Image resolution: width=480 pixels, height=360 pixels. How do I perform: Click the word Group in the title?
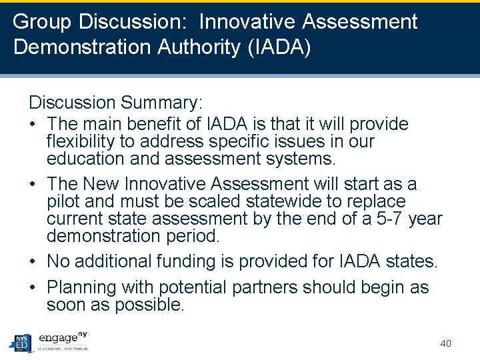(43, 23)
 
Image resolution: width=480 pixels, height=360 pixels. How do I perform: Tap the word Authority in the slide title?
(197, 48)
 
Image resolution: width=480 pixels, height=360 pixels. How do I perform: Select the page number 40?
(446, 343)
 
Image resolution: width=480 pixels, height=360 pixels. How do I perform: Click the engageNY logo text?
(63, 338)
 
